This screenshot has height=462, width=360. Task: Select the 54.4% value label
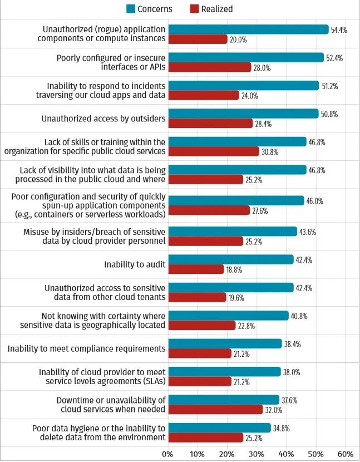tap(339, 30)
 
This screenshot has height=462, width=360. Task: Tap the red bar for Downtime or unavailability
tap(215, 410)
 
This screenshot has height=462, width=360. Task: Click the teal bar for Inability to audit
tap(231, 259)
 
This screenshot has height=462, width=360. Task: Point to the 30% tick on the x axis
tap(257, 453)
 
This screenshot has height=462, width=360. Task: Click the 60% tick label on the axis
tap(345, 453)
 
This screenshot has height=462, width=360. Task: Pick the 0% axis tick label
tap(167, 453)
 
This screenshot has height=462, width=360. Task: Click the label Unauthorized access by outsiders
tap(103, 119)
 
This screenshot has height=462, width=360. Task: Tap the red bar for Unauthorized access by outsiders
tap(210, 124)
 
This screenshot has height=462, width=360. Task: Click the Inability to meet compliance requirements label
tap(86, 349)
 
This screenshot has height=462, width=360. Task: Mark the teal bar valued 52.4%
tap(246, 57)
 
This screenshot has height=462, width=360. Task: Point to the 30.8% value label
tap(270, 152)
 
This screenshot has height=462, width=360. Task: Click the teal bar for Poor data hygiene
tap(219, 427)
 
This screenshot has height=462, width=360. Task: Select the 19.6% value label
tap(236, 298)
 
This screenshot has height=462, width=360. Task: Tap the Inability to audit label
tap(135, 264)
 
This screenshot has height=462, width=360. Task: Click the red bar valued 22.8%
tap(202, 326)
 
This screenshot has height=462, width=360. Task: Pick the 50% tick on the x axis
tap(315, 453)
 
